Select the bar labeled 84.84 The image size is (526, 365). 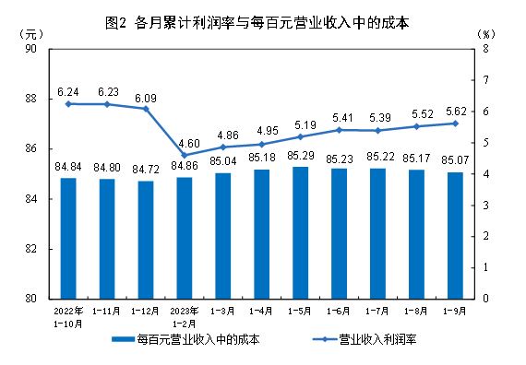(x=68, y=237)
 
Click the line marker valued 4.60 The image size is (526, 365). (x=185, y=155)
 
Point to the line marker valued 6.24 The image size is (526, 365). (x=68, y=103)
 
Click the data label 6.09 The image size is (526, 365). (x=146, y=97)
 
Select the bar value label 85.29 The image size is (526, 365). (x=301, y=157)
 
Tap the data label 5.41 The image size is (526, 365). (x=340, y=117)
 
